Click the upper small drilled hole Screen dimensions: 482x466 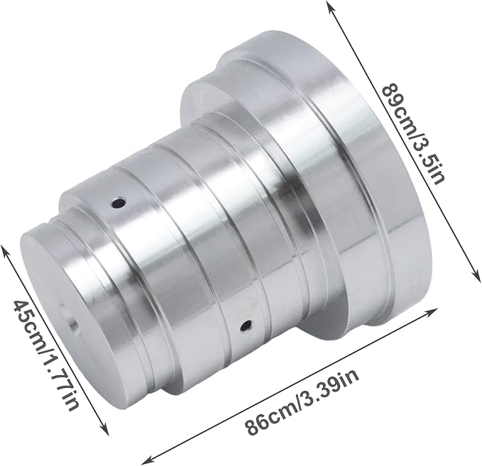(119, 203)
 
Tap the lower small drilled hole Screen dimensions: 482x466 (246, 326)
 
